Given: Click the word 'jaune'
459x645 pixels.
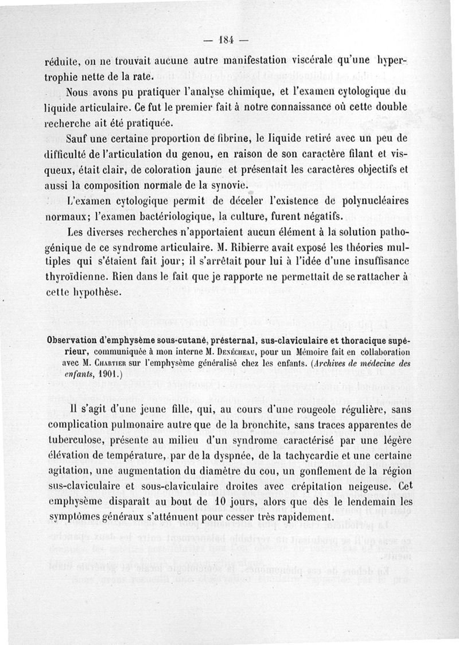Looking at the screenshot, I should [205, 170].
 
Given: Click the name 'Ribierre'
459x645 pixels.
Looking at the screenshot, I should [251, 250].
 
